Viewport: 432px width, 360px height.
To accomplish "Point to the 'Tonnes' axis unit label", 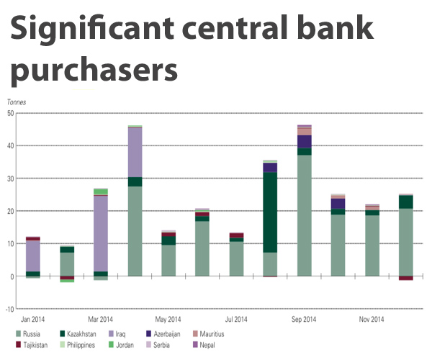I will [x=17, y=103].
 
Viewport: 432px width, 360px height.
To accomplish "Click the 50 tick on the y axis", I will [x=9, y=113].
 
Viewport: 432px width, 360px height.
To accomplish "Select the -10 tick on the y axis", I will [x=9, y=309].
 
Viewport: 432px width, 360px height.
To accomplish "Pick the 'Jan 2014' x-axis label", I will [x=34, y=319].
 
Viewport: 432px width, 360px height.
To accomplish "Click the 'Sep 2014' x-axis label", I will [x=304, y=319].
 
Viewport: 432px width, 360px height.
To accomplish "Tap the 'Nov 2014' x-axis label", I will [x=372, y=319].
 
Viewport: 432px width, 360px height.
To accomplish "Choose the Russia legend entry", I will [x=29, y=334].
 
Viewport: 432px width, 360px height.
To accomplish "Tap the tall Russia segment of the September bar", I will [x=304, y=216].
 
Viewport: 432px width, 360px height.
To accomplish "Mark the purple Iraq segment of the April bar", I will [x=135, y=152].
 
